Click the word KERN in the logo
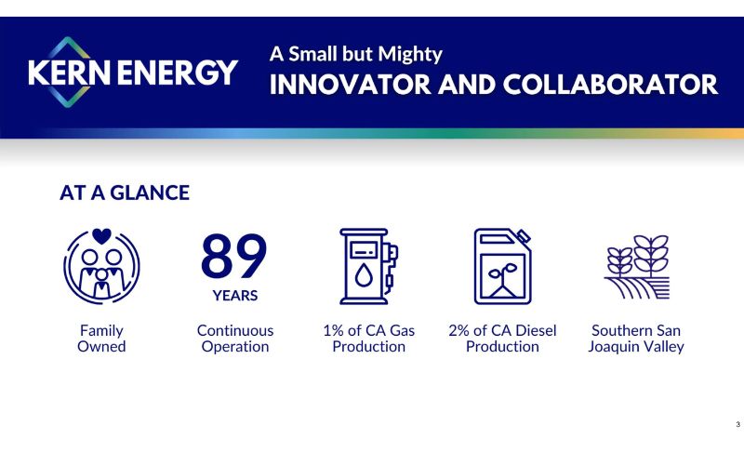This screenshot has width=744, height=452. pos(69,73)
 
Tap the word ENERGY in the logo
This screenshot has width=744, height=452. pos(178,73)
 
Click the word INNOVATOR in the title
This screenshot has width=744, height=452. pos(351,85)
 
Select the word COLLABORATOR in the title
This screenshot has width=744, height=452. pos(610,85)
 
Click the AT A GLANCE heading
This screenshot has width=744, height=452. pos(125,193)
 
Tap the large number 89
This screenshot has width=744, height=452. pos(234,255)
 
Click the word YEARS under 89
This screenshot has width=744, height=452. pos(235,296)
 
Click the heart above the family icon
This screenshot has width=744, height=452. pos(101,235)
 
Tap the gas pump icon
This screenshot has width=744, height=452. pos(368,266)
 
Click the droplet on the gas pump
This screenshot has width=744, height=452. pos(364,275)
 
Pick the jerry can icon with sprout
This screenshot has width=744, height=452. pos(503,266)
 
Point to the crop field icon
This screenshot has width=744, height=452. pos(637,267)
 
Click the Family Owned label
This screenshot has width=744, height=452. pos(101,339)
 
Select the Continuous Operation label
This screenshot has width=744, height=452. pos(235,339)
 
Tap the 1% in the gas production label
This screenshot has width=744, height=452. pos(334,330)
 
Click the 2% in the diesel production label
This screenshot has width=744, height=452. pos(459,330)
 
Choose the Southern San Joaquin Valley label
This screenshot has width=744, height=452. pos(636,339)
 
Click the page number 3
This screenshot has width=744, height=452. pos(737,424)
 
